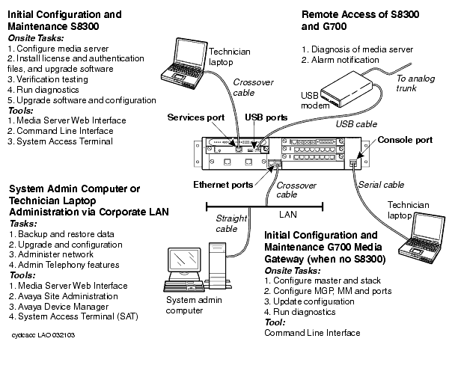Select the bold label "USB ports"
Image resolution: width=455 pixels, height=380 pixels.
point(266,117)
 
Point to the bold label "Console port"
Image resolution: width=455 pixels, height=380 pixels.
point(405,140)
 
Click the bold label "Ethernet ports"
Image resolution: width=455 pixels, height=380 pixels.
point(222,184)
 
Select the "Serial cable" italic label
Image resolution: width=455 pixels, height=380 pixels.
point(382,185)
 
